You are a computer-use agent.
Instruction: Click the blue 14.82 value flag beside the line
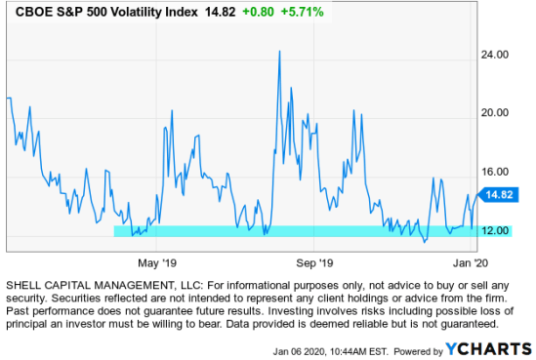click(x=497, y=195)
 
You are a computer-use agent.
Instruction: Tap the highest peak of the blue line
click(x=280, y=51)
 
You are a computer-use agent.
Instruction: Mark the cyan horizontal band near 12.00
click(x=293, y=231)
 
